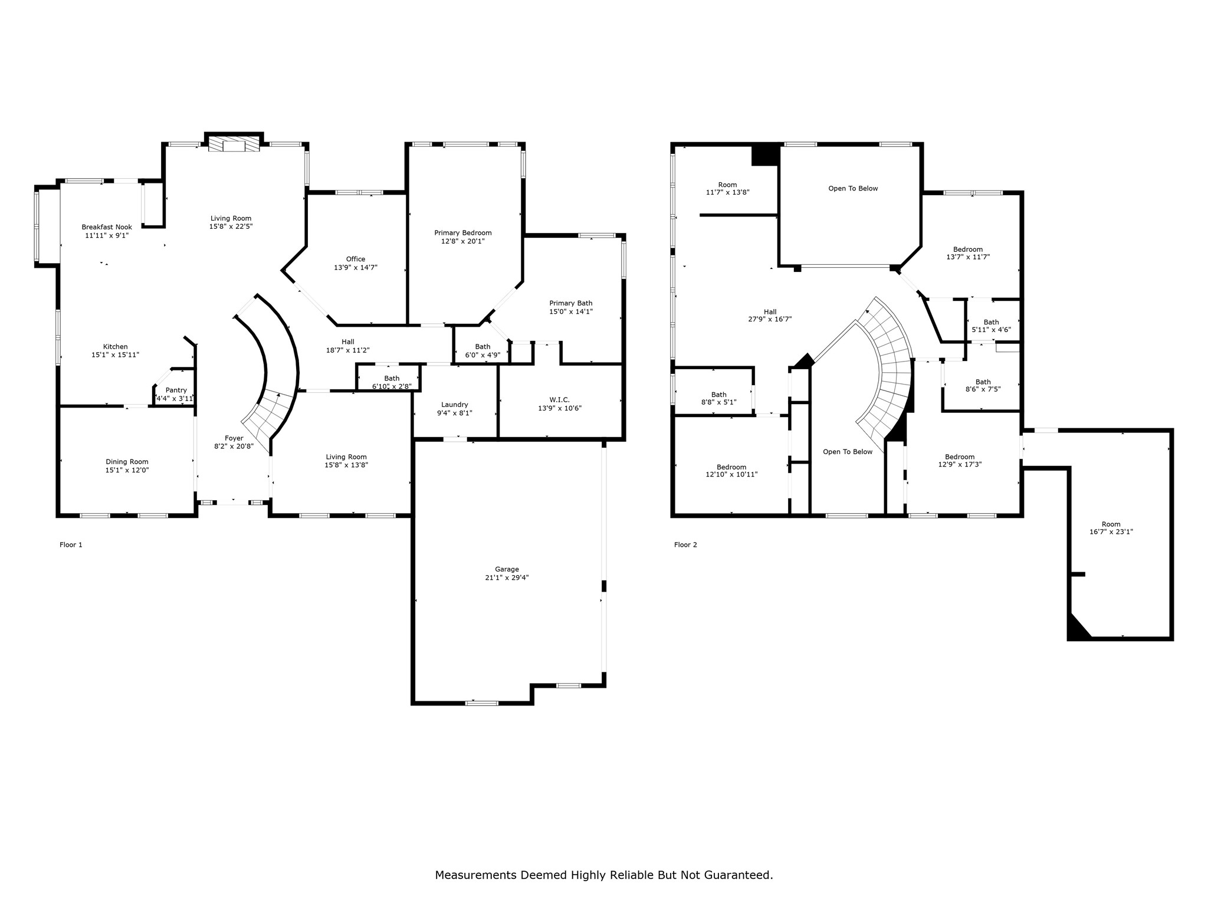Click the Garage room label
point(507,569)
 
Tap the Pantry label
point(176,390)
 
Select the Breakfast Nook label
point(107,227)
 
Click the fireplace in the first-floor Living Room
point(234,145)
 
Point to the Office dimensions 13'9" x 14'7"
point(356,267)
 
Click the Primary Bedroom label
point(463,232)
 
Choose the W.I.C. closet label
point(560,399)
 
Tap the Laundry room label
point(455,405)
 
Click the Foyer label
point(234,438)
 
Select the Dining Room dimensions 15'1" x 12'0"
point(127,470)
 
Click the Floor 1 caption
point(71,544)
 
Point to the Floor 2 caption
point(685,544)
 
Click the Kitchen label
point(116,346)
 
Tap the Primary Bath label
point(571,303)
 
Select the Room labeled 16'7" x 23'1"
point(1111,528)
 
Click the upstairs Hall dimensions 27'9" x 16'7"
point(770,319)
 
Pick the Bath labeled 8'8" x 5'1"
point(719,398)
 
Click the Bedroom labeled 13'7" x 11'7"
point(968,253)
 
